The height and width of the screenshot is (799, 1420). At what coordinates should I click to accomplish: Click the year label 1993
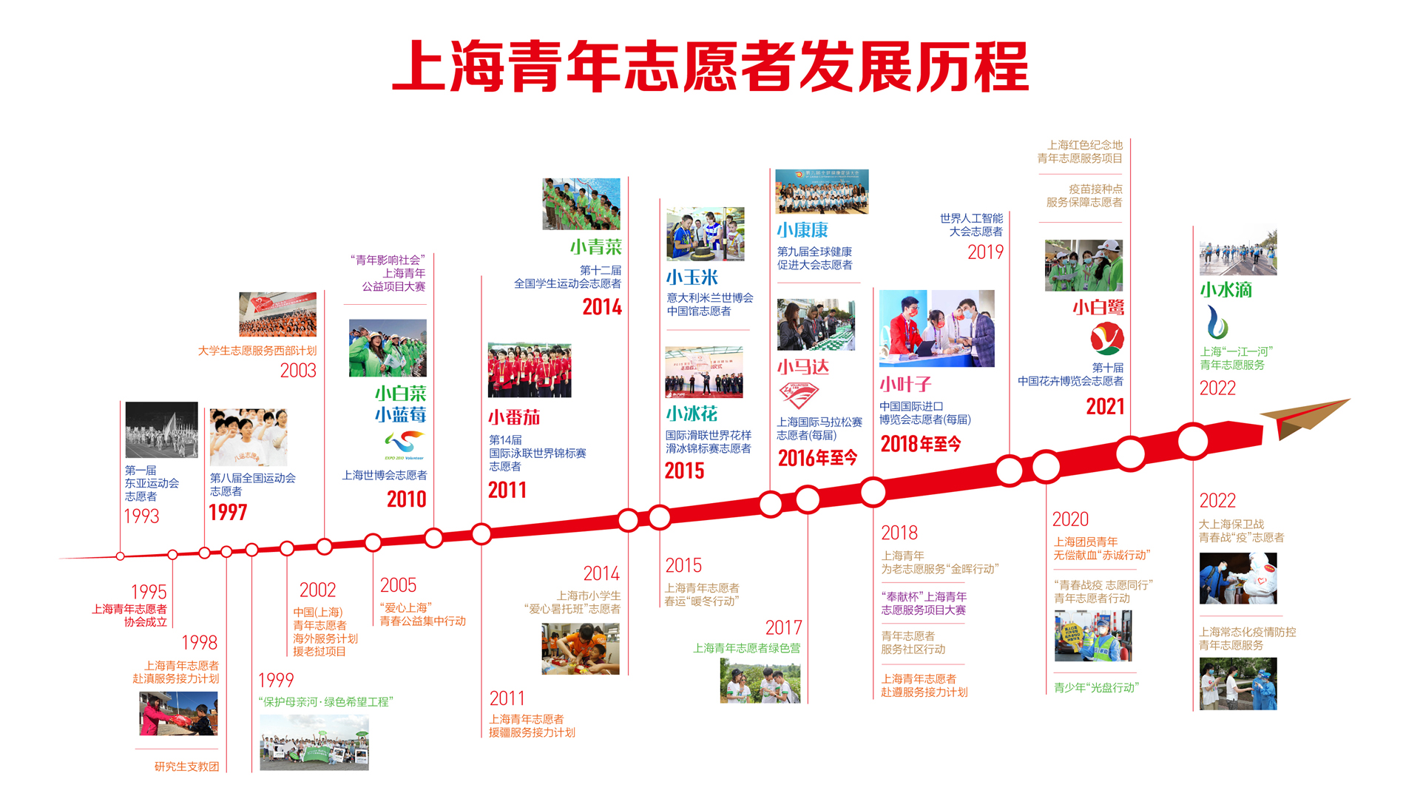pos(141,516)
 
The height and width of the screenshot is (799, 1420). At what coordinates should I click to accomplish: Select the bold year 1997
pos(228,513)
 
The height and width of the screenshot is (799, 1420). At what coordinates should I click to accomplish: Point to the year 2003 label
pos(298,371)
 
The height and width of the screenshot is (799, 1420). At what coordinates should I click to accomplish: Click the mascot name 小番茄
pos(514,417)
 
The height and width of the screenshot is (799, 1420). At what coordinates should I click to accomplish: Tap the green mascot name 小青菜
pos(595,247)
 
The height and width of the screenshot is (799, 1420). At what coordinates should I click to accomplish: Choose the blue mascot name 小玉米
pos(692,277)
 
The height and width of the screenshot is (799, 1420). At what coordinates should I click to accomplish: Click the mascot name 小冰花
pos(692,414)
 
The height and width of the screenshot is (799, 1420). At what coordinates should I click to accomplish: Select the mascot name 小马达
pos(802,367)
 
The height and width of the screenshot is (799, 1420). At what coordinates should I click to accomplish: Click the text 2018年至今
pos(921,444)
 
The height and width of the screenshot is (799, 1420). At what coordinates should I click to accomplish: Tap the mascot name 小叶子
pos(905,385)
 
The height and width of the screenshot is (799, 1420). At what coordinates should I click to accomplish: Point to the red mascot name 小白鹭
pos(1098,308)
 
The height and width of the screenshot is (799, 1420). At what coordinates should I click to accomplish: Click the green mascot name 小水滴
pos(1225,290)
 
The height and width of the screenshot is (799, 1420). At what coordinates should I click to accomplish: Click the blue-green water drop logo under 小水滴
pos(1217,323)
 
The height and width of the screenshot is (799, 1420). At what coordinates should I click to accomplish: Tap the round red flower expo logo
pos(1107,339)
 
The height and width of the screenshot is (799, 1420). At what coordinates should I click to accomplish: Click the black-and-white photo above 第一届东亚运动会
pos(161,430)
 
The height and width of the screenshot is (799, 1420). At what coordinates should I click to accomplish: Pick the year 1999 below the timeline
pos(276,681)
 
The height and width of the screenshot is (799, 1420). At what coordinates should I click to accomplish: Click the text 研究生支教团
pos(186,766)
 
